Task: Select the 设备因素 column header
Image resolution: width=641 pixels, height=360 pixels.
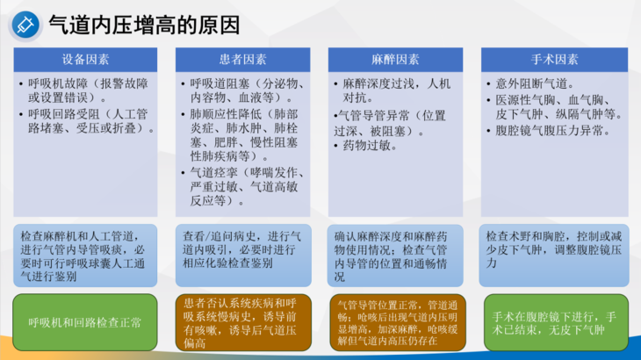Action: [x=85, y=60]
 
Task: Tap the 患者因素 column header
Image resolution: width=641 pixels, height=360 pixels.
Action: [x=239, y=60]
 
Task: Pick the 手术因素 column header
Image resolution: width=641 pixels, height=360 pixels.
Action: [x=553, y=60]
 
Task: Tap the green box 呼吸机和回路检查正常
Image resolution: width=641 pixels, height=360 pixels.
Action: [x=85, y=322]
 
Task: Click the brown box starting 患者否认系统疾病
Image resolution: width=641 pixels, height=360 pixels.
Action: [x=240, y=321]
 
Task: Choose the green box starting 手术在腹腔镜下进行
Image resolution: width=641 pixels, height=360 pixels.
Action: [x=553, y=322]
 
